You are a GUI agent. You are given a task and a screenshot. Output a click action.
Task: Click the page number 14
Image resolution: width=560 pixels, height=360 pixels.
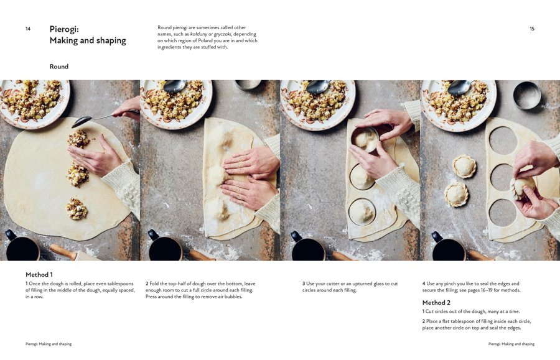tap(28, 29)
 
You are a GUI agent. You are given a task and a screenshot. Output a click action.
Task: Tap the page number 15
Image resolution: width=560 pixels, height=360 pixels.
tap(532, 29)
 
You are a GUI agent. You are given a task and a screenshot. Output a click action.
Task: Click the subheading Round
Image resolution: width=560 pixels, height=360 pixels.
tap(59, 67)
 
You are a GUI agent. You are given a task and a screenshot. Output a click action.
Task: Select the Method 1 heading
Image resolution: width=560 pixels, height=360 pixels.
tap(39, 274)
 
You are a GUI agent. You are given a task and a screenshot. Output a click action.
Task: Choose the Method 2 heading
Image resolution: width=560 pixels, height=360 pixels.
tap(436, 303)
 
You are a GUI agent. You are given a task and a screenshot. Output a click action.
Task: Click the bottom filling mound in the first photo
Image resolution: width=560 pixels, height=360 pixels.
tap(77, 209)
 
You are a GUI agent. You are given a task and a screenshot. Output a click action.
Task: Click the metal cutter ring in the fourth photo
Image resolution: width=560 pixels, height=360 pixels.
tap(527, 95)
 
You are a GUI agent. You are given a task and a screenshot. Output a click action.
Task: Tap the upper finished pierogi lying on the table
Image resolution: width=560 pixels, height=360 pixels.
tap(464, 167)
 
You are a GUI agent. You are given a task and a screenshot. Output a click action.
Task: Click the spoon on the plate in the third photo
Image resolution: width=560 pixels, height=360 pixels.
tap(318, 86)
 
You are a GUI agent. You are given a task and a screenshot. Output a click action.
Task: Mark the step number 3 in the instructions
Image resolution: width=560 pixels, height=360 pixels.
tap(304, 284)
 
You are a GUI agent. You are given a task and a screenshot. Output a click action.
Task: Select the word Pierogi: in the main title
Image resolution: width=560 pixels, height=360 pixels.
tap(64, 29)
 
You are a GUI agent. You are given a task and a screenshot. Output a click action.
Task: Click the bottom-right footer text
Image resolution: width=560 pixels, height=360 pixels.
tap(511, 344)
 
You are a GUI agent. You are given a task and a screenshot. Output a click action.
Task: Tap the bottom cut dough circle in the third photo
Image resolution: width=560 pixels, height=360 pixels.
tap(362, 212)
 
